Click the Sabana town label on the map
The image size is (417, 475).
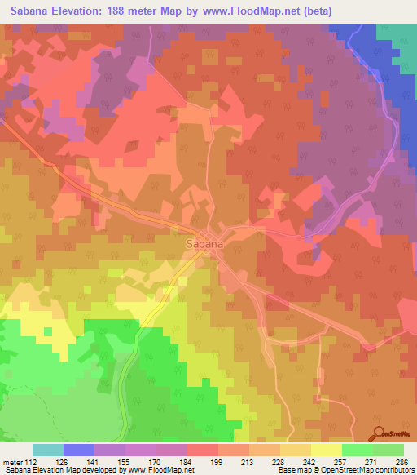click(204, 242)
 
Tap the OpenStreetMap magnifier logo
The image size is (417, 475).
click(378, 433)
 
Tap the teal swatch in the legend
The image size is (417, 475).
click(48, 450)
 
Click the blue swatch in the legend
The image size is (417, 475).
click(79, 450)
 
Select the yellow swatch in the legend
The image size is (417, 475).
click(326, 450)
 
